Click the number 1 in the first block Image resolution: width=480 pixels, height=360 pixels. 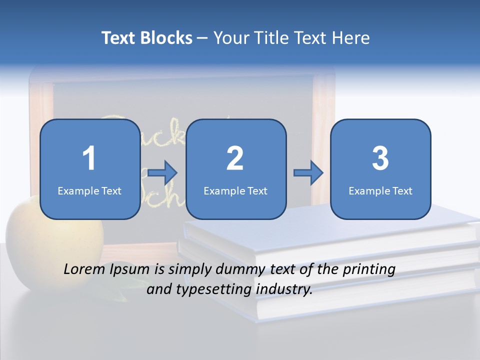pyautogui.click(x=89, y=158)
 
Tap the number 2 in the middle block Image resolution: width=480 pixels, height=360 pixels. pyautogui.click(x=235, y=158)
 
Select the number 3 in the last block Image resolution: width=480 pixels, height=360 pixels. pyautogui.click(x=380, y=158)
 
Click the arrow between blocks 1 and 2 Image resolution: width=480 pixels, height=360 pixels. pyautogui.click(x=163, y=173)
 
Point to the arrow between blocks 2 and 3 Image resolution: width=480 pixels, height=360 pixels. pyautogui.click(x=308, y=173)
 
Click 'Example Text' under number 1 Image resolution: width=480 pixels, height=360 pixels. pyautogui.click(x=89, y=190)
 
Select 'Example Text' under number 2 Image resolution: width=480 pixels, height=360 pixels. pyautogui.click(x=235, y=190)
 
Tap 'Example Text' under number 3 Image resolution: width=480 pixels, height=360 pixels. pyautogui.click(x=380, y=190)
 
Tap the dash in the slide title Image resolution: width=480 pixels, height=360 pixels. pyautogui.click(x=203, y=38)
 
